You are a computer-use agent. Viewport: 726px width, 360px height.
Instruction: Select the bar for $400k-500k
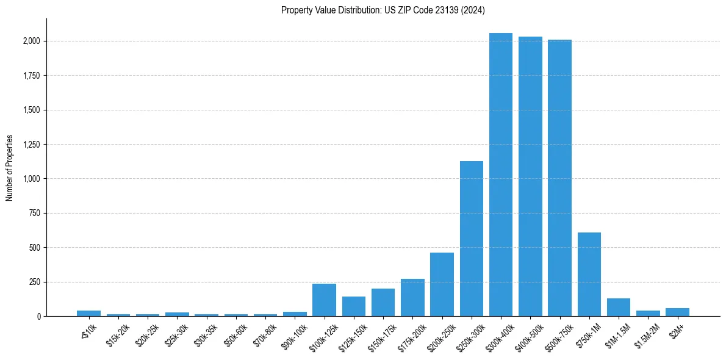[530, 176]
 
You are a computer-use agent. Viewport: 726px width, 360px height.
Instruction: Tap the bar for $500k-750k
[559, 178]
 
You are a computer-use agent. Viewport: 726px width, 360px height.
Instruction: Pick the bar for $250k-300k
[472, 239]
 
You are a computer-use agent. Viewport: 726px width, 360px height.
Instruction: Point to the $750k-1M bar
[589, 275]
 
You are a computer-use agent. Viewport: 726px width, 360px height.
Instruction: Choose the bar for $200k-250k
[442, 284]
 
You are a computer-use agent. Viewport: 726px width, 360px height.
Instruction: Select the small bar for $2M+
[677, 312]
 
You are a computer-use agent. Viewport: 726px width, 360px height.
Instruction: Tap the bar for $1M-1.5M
[619, 308]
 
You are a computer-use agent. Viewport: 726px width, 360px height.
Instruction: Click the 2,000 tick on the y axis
[32, 41]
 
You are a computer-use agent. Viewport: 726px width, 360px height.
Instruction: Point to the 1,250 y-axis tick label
[32, 145]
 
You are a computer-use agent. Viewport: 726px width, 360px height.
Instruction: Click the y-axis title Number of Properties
[9, 168]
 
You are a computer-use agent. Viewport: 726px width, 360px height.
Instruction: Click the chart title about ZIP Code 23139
[383, 10]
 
